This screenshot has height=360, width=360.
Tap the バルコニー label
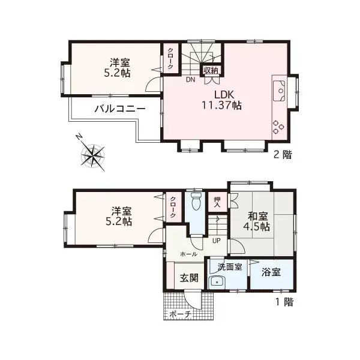click(x=120, y=110)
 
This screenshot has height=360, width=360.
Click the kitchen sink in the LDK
click(x=280, y=89)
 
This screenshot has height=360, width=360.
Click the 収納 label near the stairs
click(x=210, y=70)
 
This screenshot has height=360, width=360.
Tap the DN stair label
click(x=190, y=79)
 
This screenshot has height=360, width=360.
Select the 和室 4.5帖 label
click(x=256, y=221)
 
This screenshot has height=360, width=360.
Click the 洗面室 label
click(x=230, y=266)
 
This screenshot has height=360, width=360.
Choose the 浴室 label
click(x=271, y=272)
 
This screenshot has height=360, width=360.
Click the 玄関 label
click(x=190, y=278)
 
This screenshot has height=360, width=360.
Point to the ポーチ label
click(x=180, y=314)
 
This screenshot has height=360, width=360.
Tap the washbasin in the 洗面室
click(x=216, y=282)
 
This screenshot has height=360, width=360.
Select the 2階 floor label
click(x=283, y=154)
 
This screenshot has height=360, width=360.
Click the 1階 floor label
click(x=284, y=302)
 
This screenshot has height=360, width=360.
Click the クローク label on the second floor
click(x=170, y=58)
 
